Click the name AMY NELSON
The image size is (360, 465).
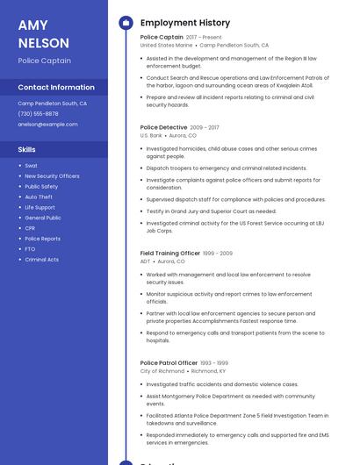(x=43, y=33)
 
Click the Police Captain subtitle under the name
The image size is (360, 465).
(x=44, y=61)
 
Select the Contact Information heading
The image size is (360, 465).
(x=56, y=88)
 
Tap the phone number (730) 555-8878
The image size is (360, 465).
(x=38, y=113)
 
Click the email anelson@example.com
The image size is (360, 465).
(x=47, y=124)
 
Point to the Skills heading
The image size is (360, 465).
(x=26, y=149)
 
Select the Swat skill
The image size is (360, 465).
(x=31, y=166)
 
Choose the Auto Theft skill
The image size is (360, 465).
(x=39, y=197)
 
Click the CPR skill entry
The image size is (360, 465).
(x=31, y=228)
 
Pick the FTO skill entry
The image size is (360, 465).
(x=31, y=249)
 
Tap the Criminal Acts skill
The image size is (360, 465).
(x=42, y=260)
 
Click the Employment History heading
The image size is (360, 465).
(x=184, y=23)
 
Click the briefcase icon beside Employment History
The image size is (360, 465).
(x=126, y=23)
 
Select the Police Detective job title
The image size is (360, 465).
(x=163, y=127)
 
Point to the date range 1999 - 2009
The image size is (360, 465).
(x=218, y=254)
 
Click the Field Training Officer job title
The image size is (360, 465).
(x=170, y=254)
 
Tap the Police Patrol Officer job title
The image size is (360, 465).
(x=169, y=362)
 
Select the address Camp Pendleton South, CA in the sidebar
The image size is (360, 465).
(x=52, y=104)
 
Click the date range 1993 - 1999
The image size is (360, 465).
(x=214, y=362)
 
